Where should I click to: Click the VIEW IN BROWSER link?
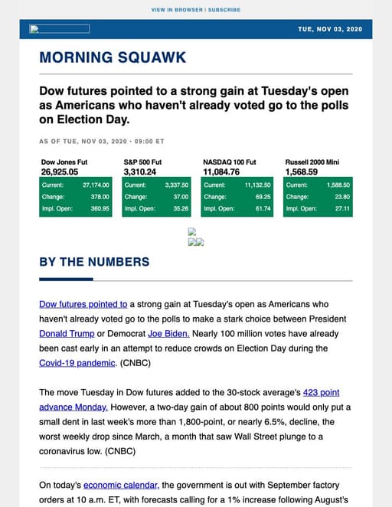[x=177, y=10]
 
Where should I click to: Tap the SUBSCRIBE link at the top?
[x=224, y=10]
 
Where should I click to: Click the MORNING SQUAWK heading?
[x=113, y=57]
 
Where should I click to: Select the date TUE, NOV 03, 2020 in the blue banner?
[x=330, y=29]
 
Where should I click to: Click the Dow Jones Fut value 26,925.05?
[x=59, y=172]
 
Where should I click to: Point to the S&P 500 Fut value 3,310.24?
[x=139, y=172]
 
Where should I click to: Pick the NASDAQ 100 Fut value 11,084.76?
[x=222, y=172]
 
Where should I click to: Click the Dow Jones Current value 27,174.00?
[x=96, y=185]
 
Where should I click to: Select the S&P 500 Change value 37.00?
[x=181, y=197]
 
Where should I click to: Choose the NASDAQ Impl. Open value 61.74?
[x=263, y=208]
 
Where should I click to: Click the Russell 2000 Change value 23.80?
[x=341, y=197]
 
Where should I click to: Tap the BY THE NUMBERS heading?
[x=94, y=262]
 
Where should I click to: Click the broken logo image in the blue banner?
[x=59, y=29]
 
